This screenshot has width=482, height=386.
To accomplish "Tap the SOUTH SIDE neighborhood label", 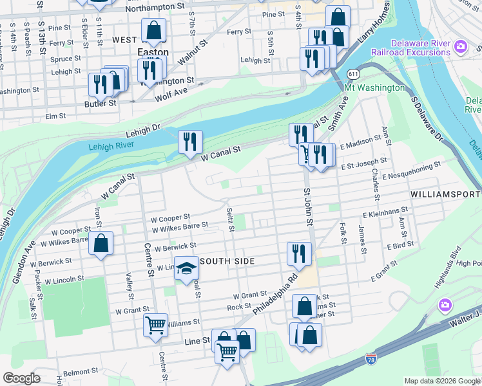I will point(229,261).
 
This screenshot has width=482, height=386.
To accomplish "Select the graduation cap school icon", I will point(186,269).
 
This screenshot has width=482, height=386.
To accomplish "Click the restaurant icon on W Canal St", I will point(190,142).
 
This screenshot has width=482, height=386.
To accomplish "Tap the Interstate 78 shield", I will point(371,358).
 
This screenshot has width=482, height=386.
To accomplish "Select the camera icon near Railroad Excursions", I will point(460,46).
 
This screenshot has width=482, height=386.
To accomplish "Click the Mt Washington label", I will point(375,87).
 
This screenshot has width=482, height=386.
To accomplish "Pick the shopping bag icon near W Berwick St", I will point(101,244).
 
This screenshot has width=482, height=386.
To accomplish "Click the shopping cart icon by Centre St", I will point(155,325).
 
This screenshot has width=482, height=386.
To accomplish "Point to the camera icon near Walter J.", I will point(445,304).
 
